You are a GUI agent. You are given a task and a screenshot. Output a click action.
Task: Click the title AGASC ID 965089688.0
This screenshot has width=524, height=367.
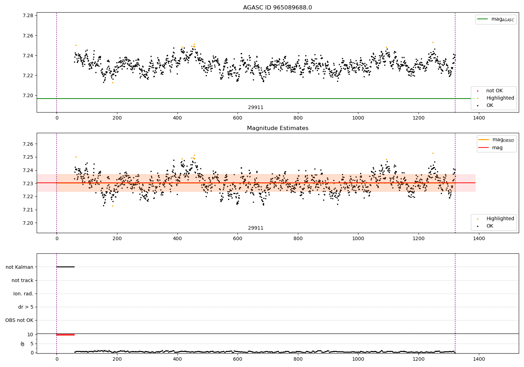tap(277, 8)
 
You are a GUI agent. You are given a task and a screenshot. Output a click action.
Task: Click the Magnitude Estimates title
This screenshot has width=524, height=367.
tap(277, 128)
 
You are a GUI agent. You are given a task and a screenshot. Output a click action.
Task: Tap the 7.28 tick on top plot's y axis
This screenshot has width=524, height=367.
tap(28, 16)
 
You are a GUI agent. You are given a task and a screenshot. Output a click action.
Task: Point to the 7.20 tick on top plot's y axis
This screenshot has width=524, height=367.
tap(28, 95)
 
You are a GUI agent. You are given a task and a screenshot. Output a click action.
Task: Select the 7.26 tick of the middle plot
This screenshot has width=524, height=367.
tap(28, 144)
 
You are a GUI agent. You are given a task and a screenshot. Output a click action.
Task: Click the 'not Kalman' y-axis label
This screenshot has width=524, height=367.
tap(20, 267)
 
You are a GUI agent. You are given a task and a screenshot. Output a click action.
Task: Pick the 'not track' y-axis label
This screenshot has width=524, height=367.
tap(22, 280)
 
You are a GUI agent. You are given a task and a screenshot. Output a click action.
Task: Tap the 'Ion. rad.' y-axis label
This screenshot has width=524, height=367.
tap(23, 294)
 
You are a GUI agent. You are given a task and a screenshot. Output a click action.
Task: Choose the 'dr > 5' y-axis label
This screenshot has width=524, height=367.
tap(26, 307)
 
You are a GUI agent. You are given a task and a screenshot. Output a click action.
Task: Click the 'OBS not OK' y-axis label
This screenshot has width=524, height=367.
tap(20, 320)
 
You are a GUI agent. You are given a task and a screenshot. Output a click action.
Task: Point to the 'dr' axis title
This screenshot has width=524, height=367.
tap(23, 344)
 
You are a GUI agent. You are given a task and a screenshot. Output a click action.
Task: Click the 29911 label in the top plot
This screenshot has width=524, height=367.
tap(256, 108)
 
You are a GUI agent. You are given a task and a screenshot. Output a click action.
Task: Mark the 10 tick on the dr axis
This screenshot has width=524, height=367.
tap(30, 334)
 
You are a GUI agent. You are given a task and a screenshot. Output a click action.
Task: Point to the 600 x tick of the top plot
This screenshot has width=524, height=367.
tap(238, 118)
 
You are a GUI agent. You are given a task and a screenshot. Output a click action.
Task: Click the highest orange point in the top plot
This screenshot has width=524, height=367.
tap(433, 42)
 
